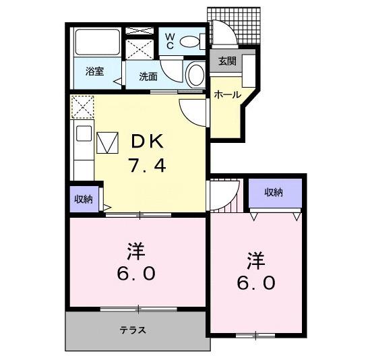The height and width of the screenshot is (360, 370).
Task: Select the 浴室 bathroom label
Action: point(94,71)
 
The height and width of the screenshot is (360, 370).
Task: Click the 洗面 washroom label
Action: point(148,76)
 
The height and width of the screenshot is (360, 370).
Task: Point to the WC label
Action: point(169,40)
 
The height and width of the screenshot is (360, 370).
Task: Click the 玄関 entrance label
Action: point(226,60)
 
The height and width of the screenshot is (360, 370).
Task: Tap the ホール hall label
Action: point(227,95)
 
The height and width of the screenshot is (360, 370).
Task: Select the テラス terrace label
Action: point(133,330)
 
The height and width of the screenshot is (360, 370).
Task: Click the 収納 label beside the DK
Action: point(84,198)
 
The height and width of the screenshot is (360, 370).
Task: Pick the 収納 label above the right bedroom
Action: point(273,192)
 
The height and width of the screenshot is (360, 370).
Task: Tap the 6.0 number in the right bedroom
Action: point(255,283)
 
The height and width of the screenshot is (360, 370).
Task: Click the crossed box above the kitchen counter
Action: point(82,107)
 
